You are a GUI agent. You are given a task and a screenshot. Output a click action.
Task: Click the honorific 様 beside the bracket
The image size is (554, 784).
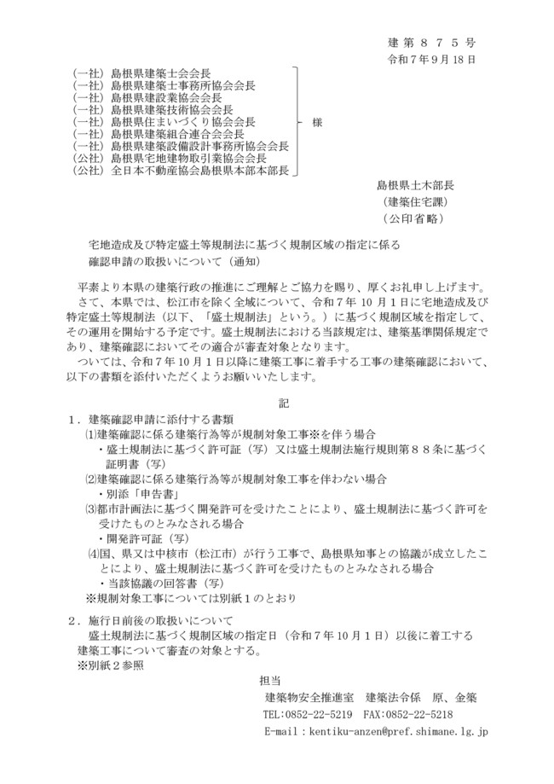pos(318,122)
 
